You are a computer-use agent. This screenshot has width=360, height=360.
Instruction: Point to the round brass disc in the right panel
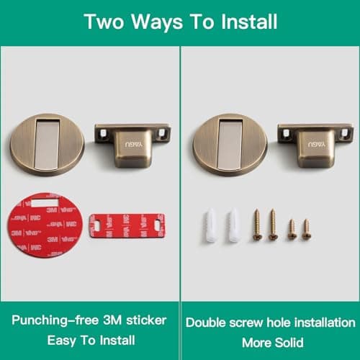[x=225, y=144]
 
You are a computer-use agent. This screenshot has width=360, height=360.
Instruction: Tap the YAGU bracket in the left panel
[x=133, y=145]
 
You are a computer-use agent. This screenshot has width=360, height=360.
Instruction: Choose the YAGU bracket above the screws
[x=314, y=145]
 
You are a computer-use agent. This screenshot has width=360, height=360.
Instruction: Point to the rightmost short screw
[x=306, y=229]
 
